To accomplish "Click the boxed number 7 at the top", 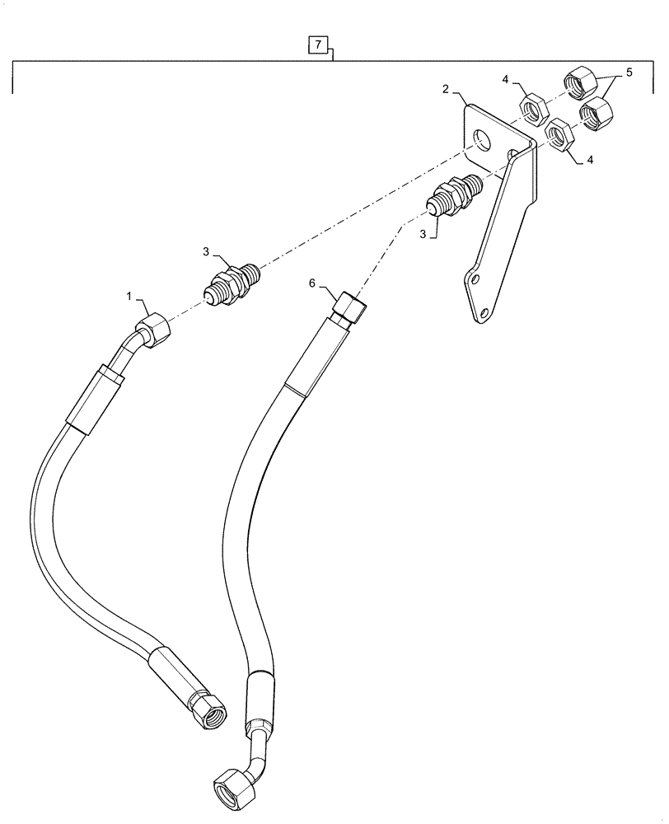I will coord(317,44).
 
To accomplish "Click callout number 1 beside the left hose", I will coord(129,295).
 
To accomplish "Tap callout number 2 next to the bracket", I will coord(445,89).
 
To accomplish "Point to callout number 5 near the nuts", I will coord(629,73).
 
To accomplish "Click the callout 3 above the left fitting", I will coord(208,250).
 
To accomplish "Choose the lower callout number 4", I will coord(590,162).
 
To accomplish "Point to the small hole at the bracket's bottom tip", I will coord(484,312).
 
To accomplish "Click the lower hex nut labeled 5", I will coord(595,112).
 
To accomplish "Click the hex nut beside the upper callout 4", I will coord(531,105).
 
